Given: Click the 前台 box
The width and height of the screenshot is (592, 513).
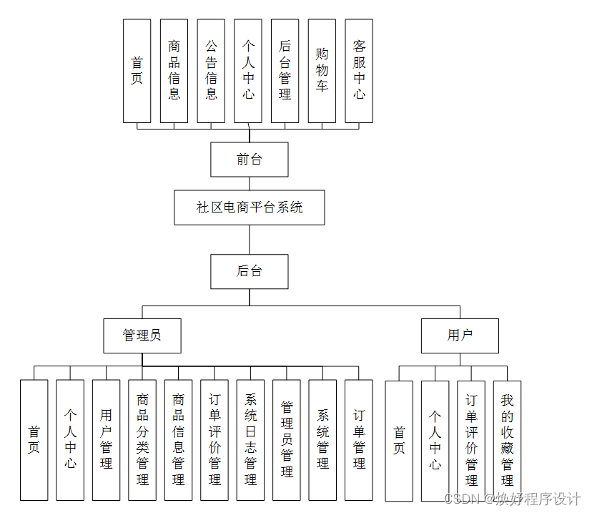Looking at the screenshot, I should click(x=249, y=160).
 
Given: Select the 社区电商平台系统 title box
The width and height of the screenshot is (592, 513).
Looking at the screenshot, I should click(x=249, y=207).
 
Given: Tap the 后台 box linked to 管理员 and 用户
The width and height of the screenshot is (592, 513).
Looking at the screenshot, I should click(x=249, y=271).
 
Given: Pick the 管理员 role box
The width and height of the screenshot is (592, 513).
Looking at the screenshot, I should click(x=142, y=336).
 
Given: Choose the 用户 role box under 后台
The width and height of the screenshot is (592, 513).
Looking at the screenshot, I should click(x=459, y=336).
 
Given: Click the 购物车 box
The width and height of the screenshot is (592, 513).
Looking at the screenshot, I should click(x=322, y=70).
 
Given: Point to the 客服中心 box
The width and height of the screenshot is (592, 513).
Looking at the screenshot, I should click(x=359, y=70).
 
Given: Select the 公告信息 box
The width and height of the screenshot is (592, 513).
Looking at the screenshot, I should click(x=211, y=70).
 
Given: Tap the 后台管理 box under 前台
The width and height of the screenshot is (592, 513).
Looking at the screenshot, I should click(x=285, y=70).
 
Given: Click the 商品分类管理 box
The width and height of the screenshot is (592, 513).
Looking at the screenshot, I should click(x=142, y=439).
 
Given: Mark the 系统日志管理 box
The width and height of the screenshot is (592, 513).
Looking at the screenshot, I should click(x=250, y=439).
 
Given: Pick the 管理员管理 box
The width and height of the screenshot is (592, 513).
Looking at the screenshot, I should click(x=287, y=439).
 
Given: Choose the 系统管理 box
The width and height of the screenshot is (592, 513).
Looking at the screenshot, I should click(x=322, y=439).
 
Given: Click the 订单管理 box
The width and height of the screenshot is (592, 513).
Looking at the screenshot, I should click(x=359, y=439).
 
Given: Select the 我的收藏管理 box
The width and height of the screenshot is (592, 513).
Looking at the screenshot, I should click(x=507, y=440).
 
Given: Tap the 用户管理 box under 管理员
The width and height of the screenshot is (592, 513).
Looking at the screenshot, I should click(x=106, y=439).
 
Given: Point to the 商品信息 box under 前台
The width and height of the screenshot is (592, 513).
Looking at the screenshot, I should click(x=174, y=70).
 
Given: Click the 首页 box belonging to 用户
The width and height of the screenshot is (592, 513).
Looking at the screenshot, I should click(x=399, y=440).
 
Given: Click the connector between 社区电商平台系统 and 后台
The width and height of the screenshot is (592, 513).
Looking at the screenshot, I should click(x=249, y=240).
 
